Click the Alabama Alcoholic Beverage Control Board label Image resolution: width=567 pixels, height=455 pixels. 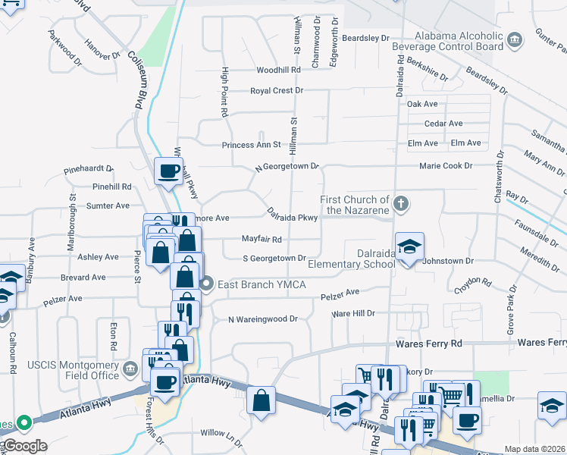pyautogui.click(x=459, y=41)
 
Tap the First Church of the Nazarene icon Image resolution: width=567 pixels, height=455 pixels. pyautogui.click(x=402, y=203)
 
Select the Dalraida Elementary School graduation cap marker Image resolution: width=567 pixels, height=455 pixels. pyautogui.click(x=409, y=246)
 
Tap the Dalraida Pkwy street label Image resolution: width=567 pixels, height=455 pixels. pyautogui.click(x=292, y=215)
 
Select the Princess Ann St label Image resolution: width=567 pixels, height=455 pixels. pyautogui.click(x=252, y=145)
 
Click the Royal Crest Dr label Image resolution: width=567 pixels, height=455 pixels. pyautogui.click(x=277, y=90)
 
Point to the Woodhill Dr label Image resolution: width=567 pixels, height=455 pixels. pyautogui.click(x=280, y=70)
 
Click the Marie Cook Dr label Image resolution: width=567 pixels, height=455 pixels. pyautogui.click(x=446, y=165)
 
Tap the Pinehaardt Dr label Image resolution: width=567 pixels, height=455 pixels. pyautogui.click(x=88, y=170)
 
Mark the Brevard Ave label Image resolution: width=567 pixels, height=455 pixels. pyautogui.click(x=83, y=278)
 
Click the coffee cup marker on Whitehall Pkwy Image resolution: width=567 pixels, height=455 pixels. pyautogui.click(x=169, y=171)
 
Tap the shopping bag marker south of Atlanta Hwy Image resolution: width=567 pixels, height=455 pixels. pyautogui.click(x=261, y=401)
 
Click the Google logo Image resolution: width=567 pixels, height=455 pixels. pyautogui.click(x=25, y=446)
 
